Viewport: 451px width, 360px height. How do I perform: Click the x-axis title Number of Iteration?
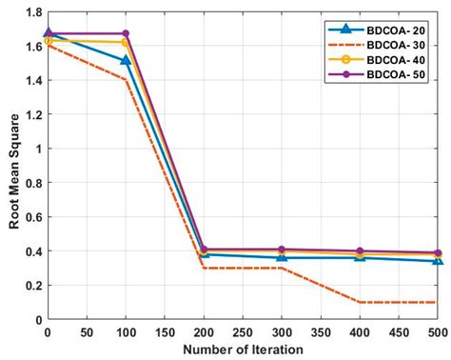tap(243, 349)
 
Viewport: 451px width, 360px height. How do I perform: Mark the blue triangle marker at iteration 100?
tap(126, 60)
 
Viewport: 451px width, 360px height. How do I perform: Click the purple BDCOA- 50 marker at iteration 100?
tap(126, 33)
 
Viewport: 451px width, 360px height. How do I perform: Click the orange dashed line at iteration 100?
tap(126, 80)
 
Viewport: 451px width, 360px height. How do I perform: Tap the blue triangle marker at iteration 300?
tap(282, 257)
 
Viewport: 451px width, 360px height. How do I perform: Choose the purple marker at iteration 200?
tap(204, 250)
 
